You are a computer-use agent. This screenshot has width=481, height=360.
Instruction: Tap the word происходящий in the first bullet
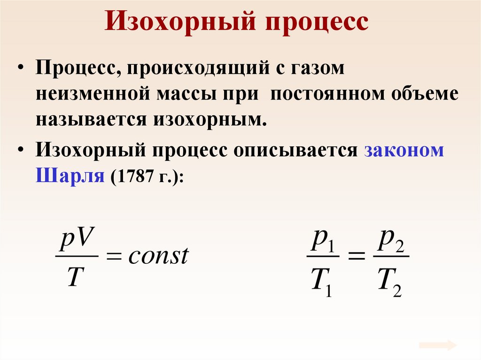pyautogui.click(x=196, y=69)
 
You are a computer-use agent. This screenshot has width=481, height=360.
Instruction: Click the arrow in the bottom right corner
pyautogui.click(x=438, y=345)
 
